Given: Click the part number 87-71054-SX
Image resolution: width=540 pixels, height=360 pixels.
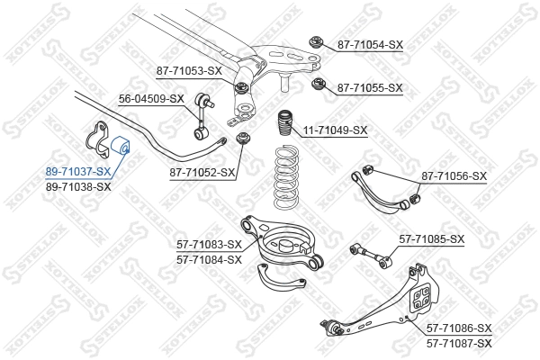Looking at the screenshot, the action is pos(370,44).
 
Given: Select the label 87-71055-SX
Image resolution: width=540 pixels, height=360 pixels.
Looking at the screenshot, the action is pos(370,88).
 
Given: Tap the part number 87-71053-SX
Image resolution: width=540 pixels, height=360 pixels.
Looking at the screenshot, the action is pos(189,70).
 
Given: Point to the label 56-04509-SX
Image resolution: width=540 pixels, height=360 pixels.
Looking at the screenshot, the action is pos(151,99).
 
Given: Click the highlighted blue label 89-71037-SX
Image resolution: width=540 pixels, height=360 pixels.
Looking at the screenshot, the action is pos(79,171).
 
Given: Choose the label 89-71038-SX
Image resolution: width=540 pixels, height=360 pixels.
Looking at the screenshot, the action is pos(79,187).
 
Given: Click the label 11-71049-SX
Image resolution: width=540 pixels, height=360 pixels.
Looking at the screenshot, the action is pos(335,130).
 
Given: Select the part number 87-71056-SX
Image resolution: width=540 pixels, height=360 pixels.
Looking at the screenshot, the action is pos(454,176).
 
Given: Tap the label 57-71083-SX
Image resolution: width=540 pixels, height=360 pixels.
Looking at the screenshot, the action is pos(209,245).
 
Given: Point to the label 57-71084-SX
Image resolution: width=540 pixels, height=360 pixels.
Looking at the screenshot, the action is pos(209,260).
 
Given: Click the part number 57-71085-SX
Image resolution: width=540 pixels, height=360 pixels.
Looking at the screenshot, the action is pos(431,239).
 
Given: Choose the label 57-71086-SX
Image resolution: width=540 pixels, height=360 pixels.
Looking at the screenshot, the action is pos(459,328).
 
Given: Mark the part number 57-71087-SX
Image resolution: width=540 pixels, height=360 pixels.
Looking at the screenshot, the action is pos(459,344).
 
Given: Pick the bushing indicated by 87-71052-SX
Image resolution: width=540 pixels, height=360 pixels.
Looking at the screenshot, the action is pos(243,139).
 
